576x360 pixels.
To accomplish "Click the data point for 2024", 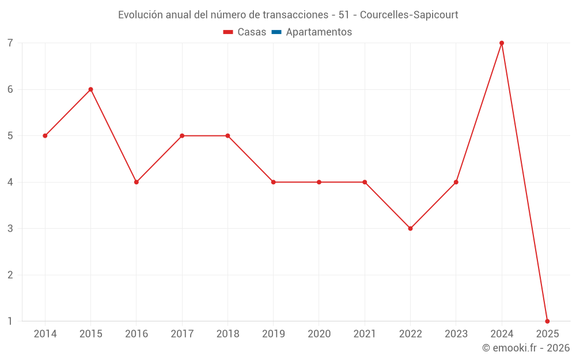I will click(502, 43).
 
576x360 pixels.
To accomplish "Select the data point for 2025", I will click(547, 321).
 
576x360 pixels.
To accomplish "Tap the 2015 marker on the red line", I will click(90, 89).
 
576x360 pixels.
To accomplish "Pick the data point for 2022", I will click(410, 229).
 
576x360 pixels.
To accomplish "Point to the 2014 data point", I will click(45, 136).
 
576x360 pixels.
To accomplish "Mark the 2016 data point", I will click(137, 182).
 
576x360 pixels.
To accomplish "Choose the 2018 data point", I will click(228, 136).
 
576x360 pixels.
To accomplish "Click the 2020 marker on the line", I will click(319, 182).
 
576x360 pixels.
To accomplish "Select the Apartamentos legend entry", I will click(319, 32).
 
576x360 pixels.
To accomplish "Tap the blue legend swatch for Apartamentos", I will click(276, 32).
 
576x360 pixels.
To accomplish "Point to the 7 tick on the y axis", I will click(10, 43).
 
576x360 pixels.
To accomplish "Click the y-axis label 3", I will click(10, 229).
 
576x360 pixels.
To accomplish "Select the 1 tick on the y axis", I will click(10, 321).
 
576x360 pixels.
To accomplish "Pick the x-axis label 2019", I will click(273, 334).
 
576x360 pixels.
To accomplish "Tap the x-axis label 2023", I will click(456, 334).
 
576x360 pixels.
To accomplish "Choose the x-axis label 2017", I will click(182, 334).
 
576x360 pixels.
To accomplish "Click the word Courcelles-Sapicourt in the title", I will click(409, 15).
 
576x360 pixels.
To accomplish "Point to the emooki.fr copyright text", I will click(526, 348).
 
